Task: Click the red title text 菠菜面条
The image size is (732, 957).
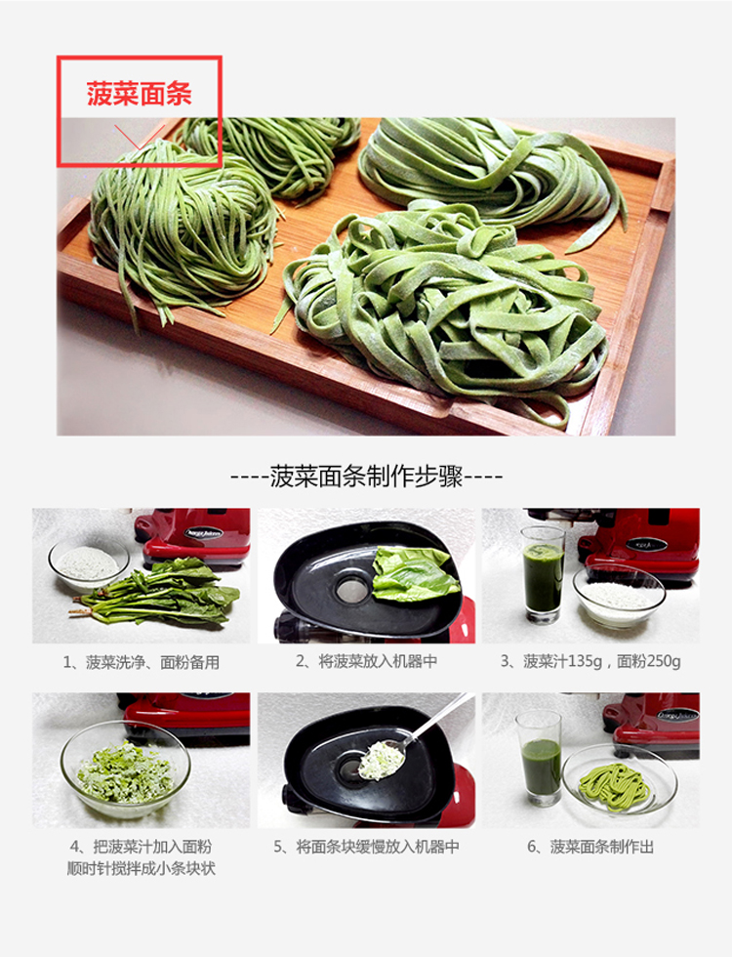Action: click(x=139, y=95)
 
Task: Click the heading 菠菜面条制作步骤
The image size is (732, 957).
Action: click(x=366, y=478)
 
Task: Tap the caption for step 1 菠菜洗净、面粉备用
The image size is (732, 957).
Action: click(x=142, y=662)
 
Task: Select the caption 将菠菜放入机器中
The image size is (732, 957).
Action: click(x=366, y=662)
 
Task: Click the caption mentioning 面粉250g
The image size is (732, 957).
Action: click(x=590, y=662)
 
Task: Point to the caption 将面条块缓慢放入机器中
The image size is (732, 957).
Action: click(x=366, y=847)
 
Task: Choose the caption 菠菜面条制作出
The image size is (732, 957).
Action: click(x=590, y=847)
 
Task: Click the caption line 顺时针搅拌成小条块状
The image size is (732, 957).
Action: click(x=142, y=868)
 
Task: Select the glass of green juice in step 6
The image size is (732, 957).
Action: click(x=540, y=757)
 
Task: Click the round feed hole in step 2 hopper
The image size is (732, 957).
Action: click(x=350, y=589)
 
